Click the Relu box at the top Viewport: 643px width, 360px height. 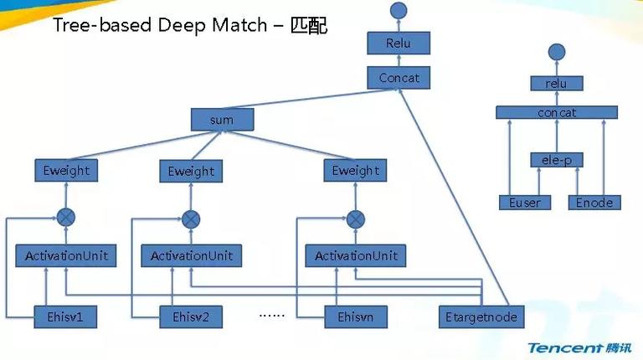399,43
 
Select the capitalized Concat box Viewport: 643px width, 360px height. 399,78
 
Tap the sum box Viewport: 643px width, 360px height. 222,120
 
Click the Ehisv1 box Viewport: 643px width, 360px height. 65,316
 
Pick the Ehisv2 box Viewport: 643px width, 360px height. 191,316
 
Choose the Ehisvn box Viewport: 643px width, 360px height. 356,316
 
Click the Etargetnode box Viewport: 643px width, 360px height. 481,316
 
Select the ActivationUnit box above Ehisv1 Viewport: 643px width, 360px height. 66,256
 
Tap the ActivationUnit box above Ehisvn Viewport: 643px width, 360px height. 356,256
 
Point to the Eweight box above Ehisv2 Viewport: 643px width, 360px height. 191,171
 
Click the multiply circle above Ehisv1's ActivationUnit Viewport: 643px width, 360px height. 66,218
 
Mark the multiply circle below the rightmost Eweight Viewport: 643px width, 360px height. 356,219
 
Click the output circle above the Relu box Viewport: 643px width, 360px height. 399,11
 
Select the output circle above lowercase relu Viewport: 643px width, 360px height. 557,52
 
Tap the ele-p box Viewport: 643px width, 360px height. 557,160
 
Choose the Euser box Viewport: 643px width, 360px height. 525,203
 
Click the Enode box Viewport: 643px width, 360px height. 594,203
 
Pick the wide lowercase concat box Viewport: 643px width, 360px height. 557,112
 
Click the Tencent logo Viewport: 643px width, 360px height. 580,347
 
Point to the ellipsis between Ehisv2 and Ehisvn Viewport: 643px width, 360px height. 272,316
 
